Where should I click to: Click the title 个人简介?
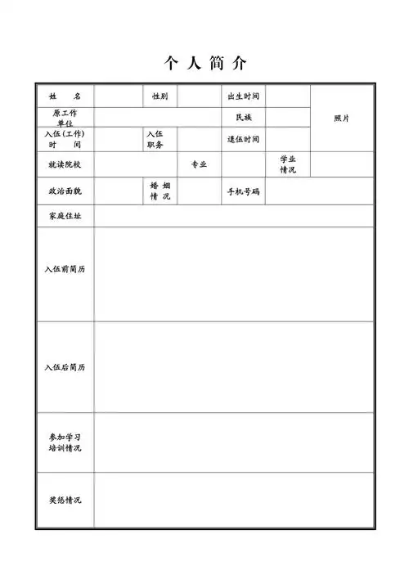point(205,63)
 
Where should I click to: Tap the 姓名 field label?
point(65,96)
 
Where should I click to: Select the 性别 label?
point(160,96)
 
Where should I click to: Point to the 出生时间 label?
point(243,96)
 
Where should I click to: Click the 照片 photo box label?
point(342,118)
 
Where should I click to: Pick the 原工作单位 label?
point(65,117)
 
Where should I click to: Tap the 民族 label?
point(243,118)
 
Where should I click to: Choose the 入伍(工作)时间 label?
point(65,139)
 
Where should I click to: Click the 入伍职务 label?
point(155,139)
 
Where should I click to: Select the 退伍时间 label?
point(243,139)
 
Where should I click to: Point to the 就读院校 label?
point(65,164)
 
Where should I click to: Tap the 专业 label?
point(199,164)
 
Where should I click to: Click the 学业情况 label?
point(288,164)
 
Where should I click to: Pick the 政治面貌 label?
point(65,191)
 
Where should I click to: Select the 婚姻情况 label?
point(160,191)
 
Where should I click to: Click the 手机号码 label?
point(243,191)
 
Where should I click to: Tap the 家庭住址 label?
point(65,216)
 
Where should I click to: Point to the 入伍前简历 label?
point(65,268)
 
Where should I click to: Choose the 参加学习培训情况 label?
point(65,442)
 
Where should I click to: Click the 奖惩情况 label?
point(65,500)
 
